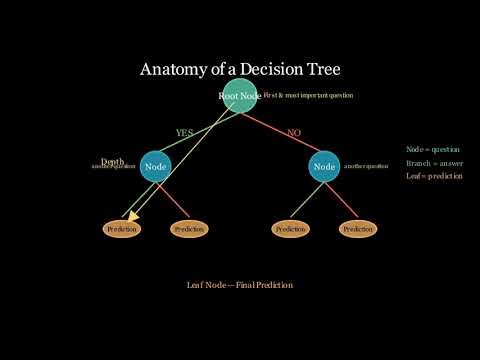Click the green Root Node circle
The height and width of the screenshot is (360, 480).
click(239, 95)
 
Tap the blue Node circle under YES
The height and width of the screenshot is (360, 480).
click(154, 166)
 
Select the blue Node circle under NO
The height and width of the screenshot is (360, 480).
click(324, 166)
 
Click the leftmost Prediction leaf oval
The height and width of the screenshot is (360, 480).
click(121, 229)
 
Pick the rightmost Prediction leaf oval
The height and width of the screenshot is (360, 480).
click(358, 229)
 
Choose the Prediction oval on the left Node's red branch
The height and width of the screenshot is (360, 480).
click(188, 229)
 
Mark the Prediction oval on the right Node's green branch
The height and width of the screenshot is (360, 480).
click(290, 229)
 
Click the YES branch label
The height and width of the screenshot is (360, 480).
click(184, 133)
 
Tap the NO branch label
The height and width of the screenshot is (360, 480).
click(294, 133)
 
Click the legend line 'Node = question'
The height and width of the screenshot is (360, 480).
click(433, 149)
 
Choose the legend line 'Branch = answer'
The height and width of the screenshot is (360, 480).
click(433, 163)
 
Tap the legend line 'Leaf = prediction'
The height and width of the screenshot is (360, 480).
click(434, 176)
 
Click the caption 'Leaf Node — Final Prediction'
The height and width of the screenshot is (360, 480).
click(239, 285)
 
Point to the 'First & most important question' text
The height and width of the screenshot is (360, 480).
click(308, 95)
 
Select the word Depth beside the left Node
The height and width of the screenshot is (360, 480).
click(112, 161)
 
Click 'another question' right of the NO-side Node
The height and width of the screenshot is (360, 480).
click(366, 166)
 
